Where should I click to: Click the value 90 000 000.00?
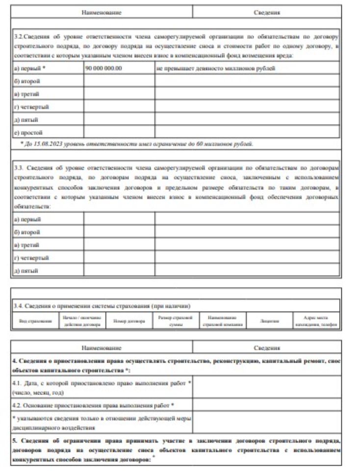[x=103, y=68]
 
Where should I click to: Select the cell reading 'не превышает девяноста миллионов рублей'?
[x=216, y=68]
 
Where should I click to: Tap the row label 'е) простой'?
[x=28, y=132]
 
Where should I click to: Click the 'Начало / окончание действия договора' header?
[x=82, y=321]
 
